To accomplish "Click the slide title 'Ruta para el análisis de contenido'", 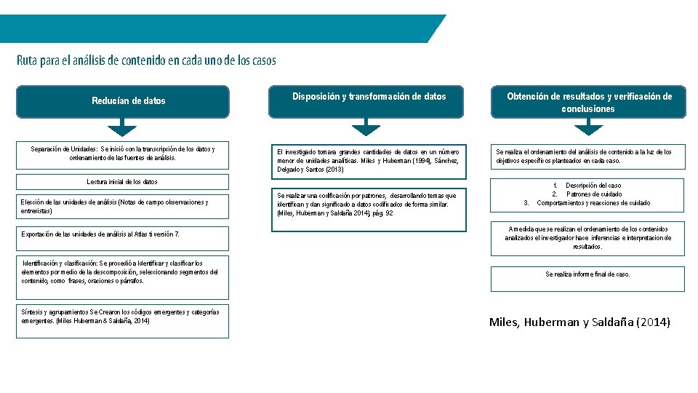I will point(146,60).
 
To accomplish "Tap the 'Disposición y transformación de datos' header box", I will point(369,101).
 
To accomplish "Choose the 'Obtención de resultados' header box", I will point(589,102).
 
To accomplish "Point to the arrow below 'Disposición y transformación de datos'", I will point(369,129).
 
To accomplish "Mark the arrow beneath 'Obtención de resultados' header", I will point(589,129).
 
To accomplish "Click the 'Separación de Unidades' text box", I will point(123,154).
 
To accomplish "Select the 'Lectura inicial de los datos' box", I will point(123,182).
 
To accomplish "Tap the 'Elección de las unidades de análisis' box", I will point(123,207).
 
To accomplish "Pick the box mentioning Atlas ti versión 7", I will point(123,234).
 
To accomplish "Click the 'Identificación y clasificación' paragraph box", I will point(123,271).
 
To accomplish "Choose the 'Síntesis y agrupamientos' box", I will point(123,320).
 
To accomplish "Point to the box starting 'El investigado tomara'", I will point(369,160).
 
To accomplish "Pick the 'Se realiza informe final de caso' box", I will point(587,275).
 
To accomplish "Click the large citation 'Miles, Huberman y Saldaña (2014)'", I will point(579,322).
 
